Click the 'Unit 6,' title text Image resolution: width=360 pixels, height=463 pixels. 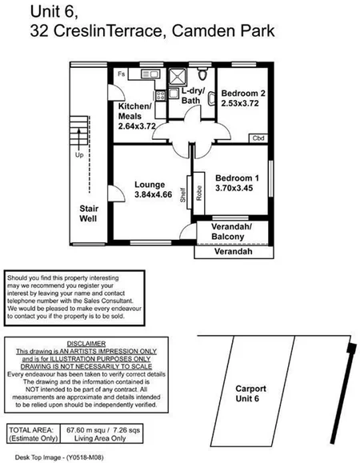[x=55, y=12]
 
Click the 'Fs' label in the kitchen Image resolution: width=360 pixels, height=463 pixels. [x=122, y=74]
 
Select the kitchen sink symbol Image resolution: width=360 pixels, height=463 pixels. [x=160, y=78]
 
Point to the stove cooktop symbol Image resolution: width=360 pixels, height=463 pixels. [x=161, y=95]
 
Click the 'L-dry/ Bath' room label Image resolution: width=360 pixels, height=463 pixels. [x=192, y=95]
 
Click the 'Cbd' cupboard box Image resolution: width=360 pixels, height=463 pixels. [x=258, y=138]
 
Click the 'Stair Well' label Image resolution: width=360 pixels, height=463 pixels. [x=87, y=212]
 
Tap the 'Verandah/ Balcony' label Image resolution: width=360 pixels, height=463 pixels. [x=230, y=232]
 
